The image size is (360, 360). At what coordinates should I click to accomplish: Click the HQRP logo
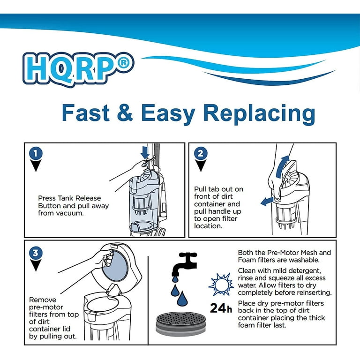coord(78,69)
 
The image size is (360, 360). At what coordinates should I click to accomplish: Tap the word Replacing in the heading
coord(259,114)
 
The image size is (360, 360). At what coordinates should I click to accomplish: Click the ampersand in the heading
coord(125,112)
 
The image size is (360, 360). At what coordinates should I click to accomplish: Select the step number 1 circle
coord(36,153)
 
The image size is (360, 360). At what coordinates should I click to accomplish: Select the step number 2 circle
coord(201,153)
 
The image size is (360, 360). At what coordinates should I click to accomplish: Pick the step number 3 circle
coord(36,253)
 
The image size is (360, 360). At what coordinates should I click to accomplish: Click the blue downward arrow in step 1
coord(145,153)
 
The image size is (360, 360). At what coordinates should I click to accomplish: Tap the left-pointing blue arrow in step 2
coord(267,202)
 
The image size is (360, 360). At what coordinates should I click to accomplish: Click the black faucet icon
coord(184,264)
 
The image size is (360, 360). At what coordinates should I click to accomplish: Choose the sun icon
coord(221,285)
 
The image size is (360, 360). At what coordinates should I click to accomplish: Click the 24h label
coord(221,308)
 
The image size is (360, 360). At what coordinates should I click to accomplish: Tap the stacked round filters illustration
coord(180,324)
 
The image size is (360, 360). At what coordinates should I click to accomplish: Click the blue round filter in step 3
coord(115,266)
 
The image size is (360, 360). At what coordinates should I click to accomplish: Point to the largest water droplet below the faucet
coord(182,298)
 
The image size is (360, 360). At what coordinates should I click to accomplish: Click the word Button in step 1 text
coord(50,206)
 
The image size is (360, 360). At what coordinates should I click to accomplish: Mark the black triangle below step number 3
coord(36,265)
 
